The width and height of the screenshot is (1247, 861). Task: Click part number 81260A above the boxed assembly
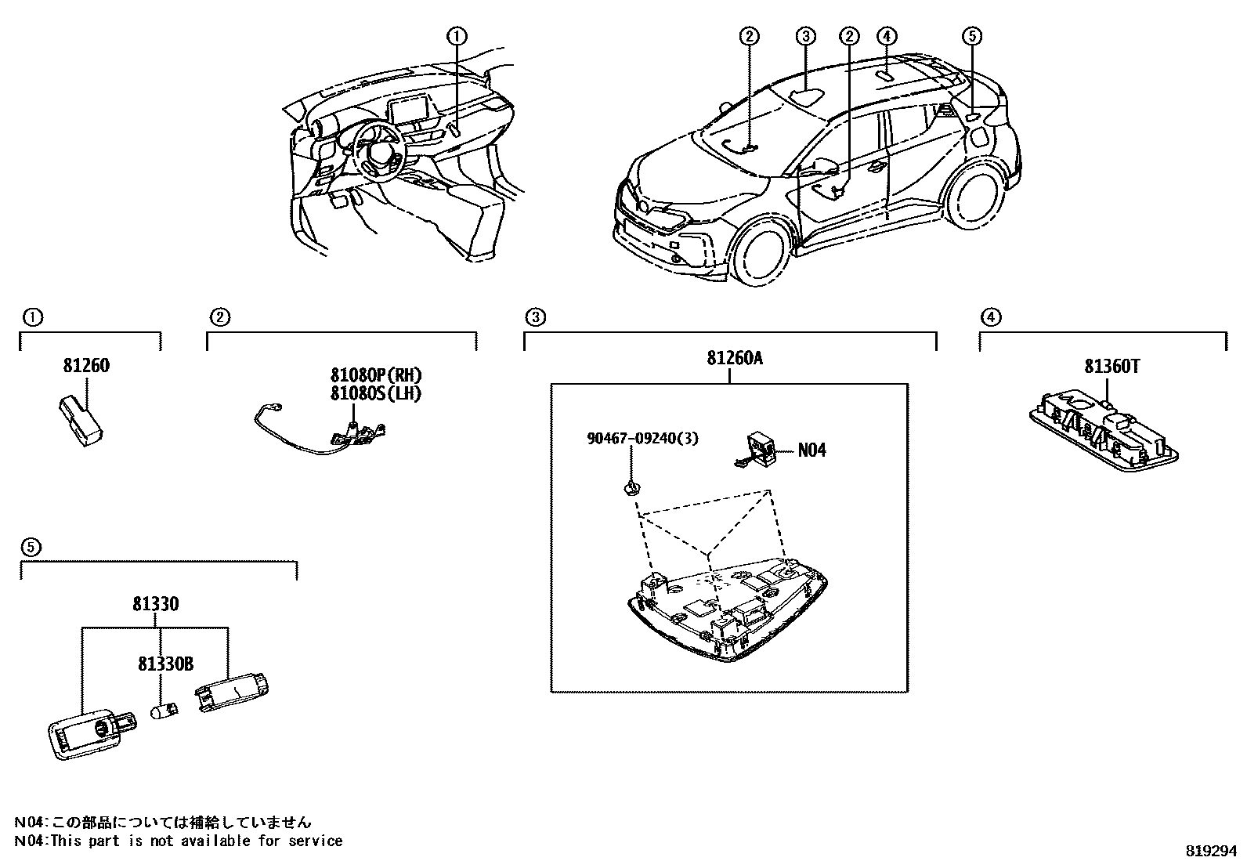coord(734,358)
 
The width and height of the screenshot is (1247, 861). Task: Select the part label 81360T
coord(1111,366)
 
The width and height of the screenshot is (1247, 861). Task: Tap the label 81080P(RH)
coord(375,375)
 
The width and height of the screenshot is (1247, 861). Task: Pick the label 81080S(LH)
coord(375,393)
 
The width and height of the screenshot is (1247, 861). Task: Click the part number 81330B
coord(165,664)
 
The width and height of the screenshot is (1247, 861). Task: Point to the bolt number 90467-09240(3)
coord(642,439)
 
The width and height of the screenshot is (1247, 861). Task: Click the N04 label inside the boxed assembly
coord(811,450)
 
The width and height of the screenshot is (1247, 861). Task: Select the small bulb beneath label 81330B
coord(164,712)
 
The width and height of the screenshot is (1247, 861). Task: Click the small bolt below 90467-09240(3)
coord(631,490)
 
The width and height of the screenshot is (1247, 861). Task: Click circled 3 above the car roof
coord(807,35)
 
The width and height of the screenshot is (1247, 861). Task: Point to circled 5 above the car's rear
coord(970,35)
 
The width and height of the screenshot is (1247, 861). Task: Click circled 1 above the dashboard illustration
coord(457,35)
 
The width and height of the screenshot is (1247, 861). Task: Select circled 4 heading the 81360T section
coord(991,317)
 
